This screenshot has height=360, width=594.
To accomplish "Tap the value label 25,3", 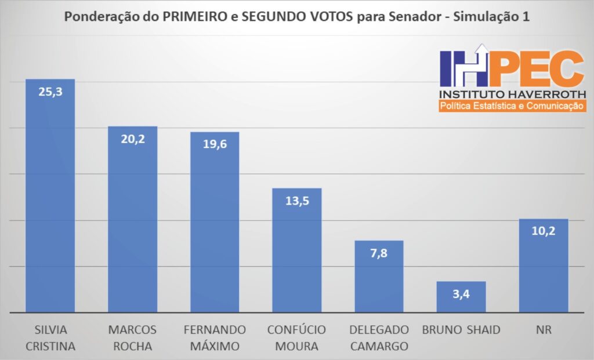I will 50,92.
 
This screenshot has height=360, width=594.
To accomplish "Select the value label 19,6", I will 215,144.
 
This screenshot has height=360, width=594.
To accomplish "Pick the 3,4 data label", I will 461,293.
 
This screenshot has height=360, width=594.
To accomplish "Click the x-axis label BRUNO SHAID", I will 461,330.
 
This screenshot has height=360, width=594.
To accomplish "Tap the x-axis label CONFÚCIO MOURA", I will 297,338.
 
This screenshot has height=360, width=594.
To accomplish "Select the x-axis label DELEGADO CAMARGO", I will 379,338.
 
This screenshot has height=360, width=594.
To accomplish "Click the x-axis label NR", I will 544,330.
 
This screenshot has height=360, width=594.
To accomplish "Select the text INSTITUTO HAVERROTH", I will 513,94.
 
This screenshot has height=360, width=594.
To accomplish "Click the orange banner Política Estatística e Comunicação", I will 513,106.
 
